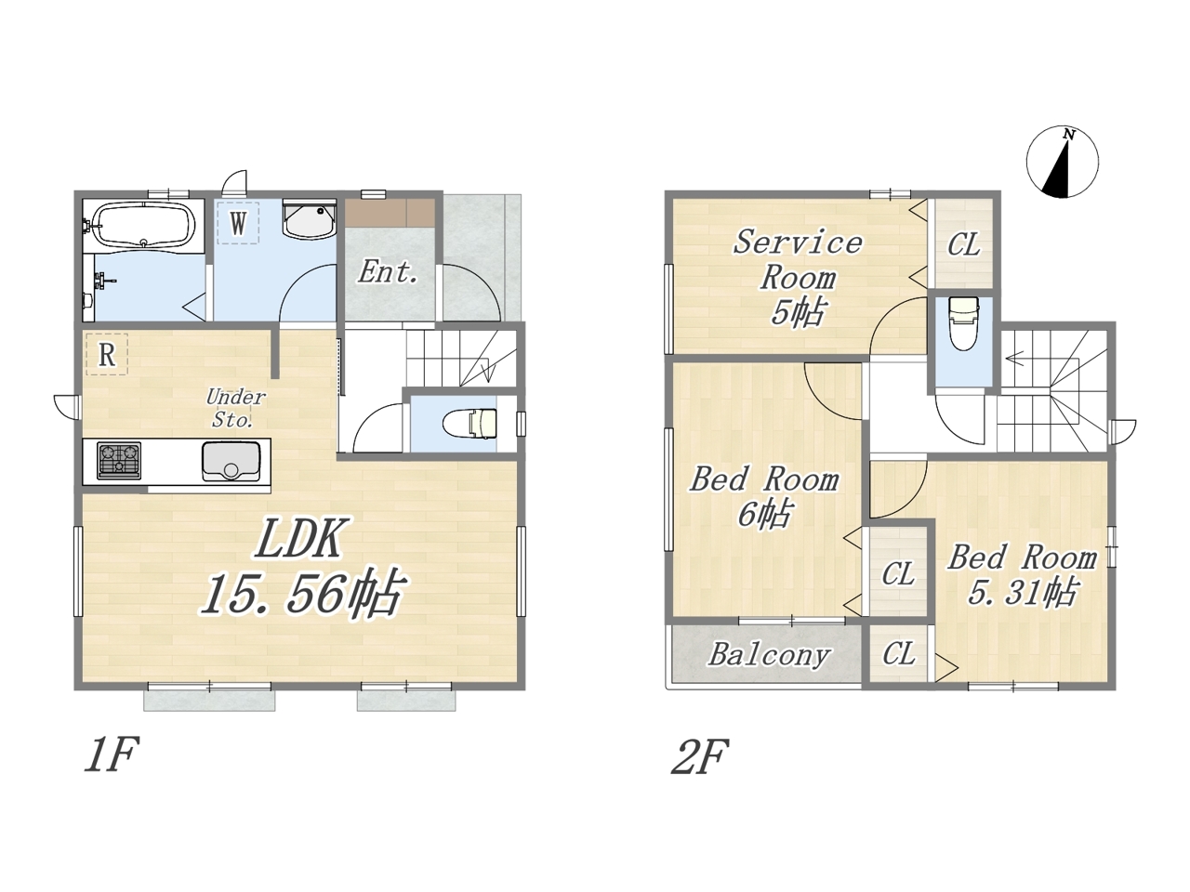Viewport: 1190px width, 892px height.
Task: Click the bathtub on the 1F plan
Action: tap(144, 225)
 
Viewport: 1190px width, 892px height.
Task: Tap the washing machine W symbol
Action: tap(237, 223)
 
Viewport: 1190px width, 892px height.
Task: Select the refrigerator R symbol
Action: tap(107, 354)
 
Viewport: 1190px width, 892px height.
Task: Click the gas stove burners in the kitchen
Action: tap(119, 461)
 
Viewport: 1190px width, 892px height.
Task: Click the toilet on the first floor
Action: tap(469, 424)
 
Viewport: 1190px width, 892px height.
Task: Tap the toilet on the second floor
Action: tap(963, 323)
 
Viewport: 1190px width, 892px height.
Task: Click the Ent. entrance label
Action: tap(389, 272)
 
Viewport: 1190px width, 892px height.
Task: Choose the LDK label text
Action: tap(299, 537)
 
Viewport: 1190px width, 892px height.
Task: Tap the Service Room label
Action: tap(798, 260)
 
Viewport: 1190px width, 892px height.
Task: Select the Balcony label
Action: tap(769, 655)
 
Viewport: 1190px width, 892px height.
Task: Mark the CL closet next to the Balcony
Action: tap(899, 654)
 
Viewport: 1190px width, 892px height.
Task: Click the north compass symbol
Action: tap(1062, 162)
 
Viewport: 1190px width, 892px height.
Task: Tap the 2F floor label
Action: tap(699, 756)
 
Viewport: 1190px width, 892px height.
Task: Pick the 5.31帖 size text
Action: tap(1022, 594)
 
